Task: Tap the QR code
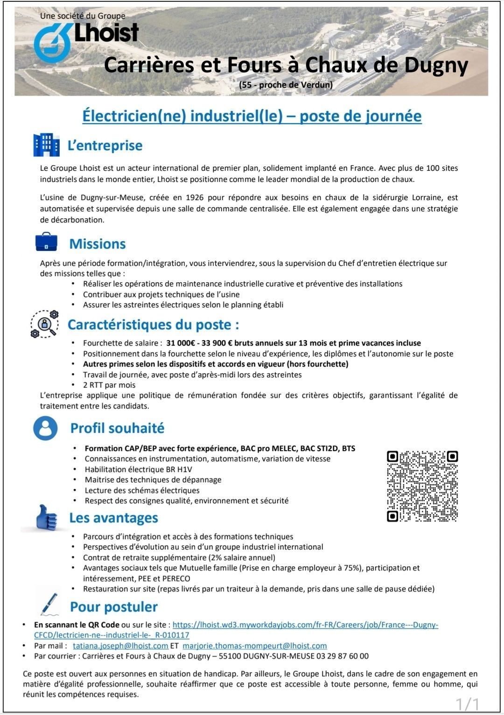coord(422,486)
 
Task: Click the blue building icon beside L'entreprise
coord(46,145)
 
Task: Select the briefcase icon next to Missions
coord(46,242)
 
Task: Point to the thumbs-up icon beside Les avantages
coord(47,518)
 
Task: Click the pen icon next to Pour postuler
coord(49,604)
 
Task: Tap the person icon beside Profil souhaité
coord(45,428)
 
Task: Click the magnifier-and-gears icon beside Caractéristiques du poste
coord(45,324)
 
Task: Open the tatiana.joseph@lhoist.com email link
coord(120,646)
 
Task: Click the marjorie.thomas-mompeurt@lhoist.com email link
coord(254,646)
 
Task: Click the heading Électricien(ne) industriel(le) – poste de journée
coord(252,116)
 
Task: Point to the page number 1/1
coord(467,704)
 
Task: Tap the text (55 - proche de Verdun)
coord(286,85)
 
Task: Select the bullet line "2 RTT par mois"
coord(109,385)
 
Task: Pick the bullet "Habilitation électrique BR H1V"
coord(138,470)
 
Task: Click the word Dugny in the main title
coord(436,65)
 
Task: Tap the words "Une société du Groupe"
coord(83,16)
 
